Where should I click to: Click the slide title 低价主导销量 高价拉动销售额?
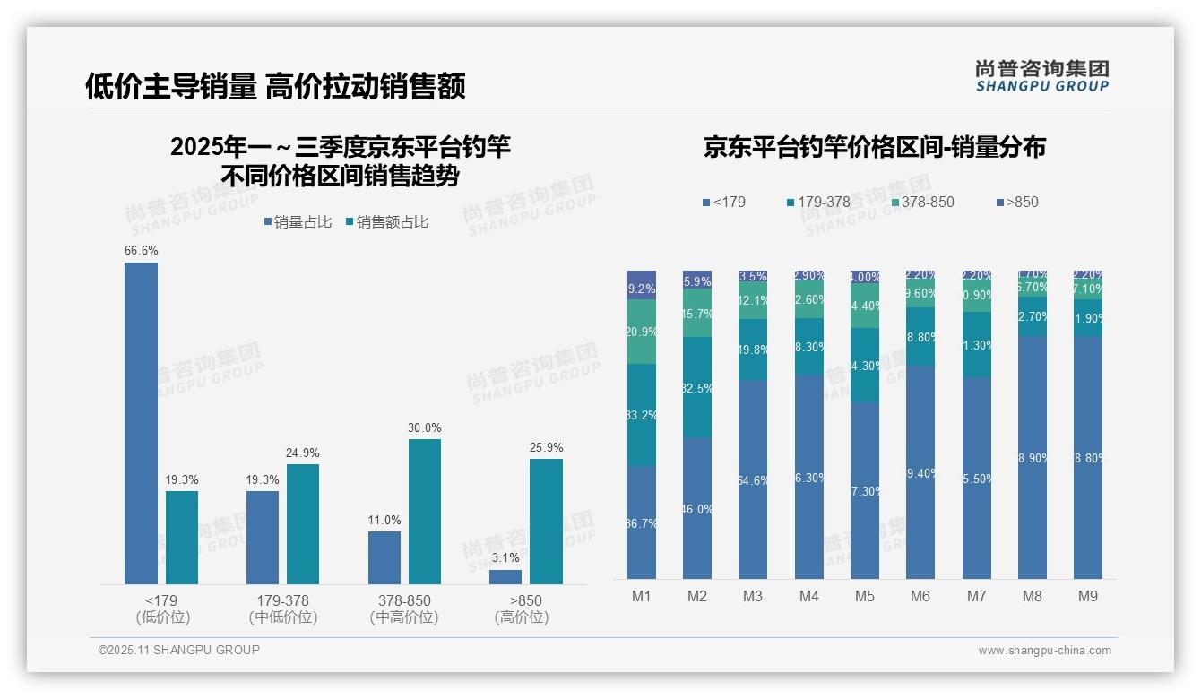pos(275,86)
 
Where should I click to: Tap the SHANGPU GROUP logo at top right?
pos(1041,76)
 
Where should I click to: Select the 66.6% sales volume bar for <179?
pos(141,423)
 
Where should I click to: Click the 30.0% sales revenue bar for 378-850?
pos(425,511)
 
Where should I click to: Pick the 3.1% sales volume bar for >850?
pos(505,577)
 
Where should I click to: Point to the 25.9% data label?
pos(546,447)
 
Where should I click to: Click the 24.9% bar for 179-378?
pos(303,523)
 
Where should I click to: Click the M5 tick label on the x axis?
pos(864,596)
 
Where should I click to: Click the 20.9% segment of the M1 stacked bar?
pos(642,332)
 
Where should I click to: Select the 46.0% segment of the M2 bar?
pos(697,508)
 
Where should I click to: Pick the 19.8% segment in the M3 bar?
pos(753,349)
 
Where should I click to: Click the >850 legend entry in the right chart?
pos(1016,202)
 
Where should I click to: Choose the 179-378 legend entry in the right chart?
pos(817,202)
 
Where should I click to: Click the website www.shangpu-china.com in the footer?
pos(1044,650)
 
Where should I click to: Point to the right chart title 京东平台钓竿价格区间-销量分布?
pos(874,148)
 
